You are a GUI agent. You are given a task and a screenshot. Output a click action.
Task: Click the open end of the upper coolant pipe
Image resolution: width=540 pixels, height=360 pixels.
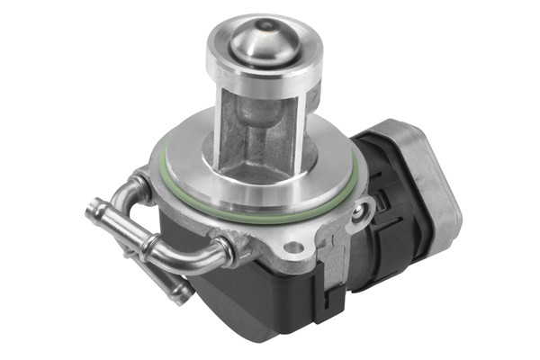click(x=92, y=212)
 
